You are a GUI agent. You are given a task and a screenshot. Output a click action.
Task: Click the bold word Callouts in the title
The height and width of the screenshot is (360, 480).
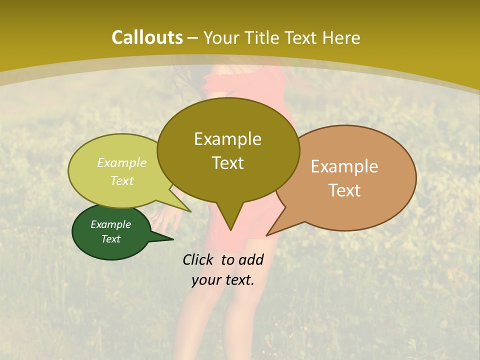click(x=147, y=37)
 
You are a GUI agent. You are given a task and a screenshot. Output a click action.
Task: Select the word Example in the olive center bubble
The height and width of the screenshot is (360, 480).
click(x=227, y=139)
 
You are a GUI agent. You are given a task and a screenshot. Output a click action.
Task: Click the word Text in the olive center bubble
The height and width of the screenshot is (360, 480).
click(x=227, y=163)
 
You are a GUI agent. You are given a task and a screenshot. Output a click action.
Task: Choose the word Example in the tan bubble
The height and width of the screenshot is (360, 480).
click(x=344, y=166)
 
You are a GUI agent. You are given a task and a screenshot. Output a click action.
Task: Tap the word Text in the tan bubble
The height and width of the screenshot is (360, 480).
click(x=344, y=190)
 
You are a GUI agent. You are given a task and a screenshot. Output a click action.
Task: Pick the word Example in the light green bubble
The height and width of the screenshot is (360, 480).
click(x=122, y=162)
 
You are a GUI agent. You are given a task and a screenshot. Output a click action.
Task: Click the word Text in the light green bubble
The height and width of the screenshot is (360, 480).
click(x=122, y=180)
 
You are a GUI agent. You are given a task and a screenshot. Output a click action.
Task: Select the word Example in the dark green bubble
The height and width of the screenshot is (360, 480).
click(x=110, y=224)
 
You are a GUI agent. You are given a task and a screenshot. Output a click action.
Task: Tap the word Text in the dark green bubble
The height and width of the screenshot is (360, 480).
click(x=110, y=239)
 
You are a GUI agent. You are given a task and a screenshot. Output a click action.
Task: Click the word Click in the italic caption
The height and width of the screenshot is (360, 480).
click(x=198, y=259)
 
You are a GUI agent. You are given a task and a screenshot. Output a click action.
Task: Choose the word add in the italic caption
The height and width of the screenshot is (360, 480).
click(x=251, y=259)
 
